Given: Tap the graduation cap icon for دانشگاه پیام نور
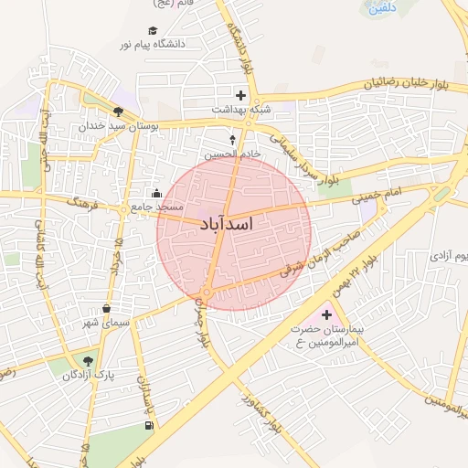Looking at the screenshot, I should tap(153, 30).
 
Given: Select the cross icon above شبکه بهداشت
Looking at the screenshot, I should tap(241, 94).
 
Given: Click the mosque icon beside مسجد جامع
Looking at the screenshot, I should tap(156, 193).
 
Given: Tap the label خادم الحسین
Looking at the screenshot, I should tap(232, 154).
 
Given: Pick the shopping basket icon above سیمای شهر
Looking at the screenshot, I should tap(108, 308).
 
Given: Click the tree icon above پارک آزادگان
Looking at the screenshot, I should tap(89, 361).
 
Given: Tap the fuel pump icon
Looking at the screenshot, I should tap(149, 427).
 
